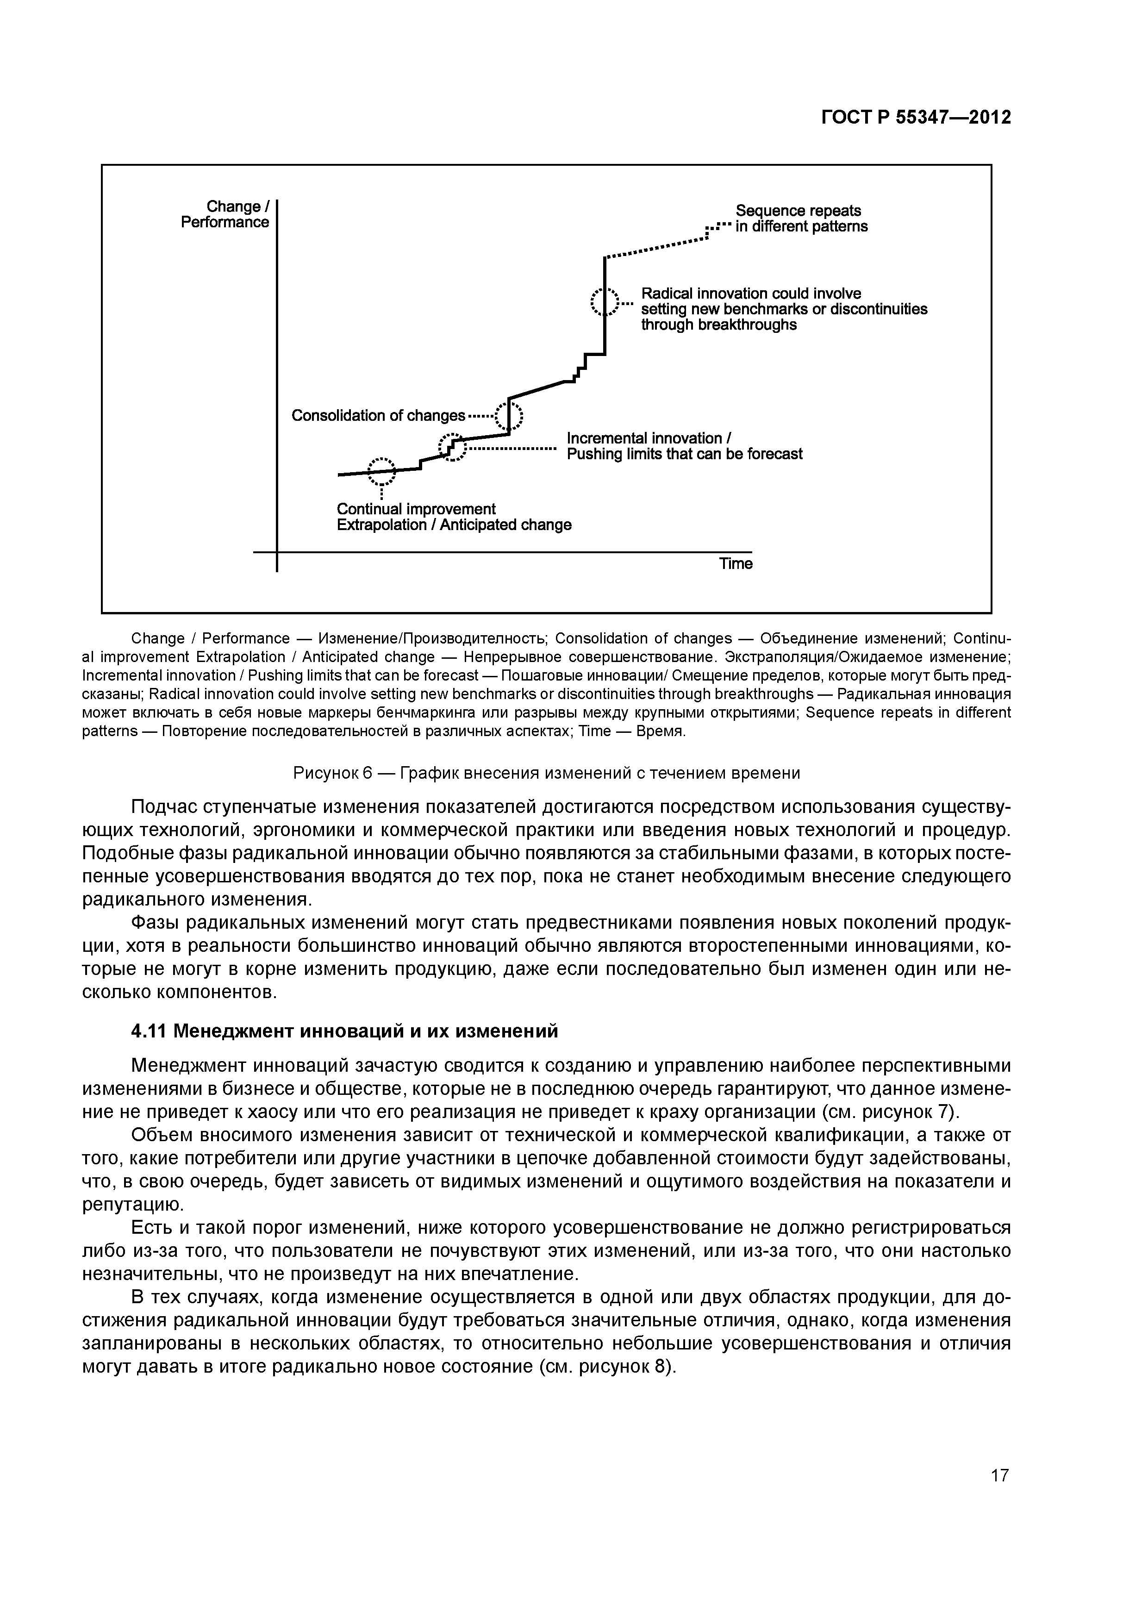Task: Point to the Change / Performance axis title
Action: pos(225,214)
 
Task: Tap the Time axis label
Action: pos(736,564)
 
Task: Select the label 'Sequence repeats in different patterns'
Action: pos(801,219)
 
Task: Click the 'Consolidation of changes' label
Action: pos(378,415)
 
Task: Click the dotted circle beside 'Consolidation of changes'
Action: pos(509,416)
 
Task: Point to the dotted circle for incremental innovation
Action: pos(453,448)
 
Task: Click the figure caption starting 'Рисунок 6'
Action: pos(546,773)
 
